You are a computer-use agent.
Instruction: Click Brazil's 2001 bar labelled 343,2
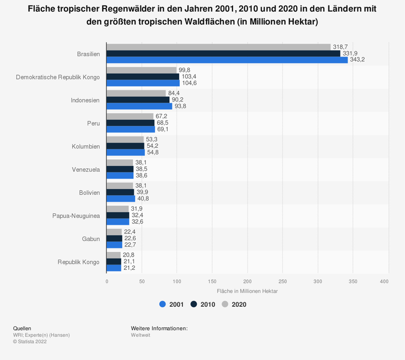click(x=227, y=60)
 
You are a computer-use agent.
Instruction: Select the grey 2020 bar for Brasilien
click(x=218, y=47)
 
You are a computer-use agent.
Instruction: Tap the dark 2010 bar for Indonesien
click(x=138, y=100)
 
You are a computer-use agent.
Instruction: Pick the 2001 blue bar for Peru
click(x=131, y=129)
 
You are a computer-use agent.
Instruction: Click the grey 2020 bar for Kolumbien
click(x=125, y=139)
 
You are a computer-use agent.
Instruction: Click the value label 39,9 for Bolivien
click(x=144, y=193)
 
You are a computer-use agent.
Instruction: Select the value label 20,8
click(x=129, y=255)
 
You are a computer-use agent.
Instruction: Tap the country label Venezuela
click(x=85, y=169)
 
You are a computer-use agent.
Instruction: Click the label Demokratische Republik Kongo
click(x=57, y=77)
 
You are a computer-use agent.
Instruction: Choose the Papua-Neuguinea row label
click(x=76, y=216)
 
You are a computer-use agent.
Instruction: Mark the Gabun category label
click(x=91, y=239)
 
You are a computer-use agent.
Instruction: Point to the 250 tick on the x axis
click(x=283, y=281)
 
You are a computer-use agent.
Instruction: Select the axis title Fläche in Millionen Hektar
click(x=247, y=291)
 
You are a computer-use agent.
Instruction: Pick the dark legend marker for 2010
click(x=194, y=304)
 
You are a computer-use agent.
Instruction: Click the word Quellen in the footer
click(x=22, y=328)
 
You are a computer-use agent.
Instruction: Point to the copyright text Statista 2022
click(x=32, y=342)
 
